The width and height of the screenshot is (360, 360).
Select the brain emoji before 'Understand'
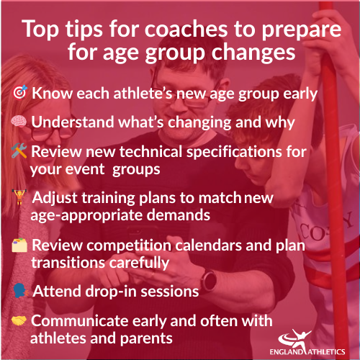click(x=19, y=122)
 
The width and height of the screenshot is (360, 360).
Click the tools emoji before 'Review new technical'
click(x=19, y=153)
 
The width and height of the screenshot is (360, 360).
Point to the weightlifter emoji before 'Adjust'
click(x=19, y=197)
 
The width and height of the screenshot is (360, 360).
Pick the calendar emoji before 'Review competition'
click(x=19, y=246)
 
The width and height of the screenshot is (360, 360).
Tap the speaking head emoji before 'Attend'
click(x=19, y=290)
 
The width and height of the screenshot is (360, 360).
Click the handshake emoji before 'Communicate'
click(x=19, y=321)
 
